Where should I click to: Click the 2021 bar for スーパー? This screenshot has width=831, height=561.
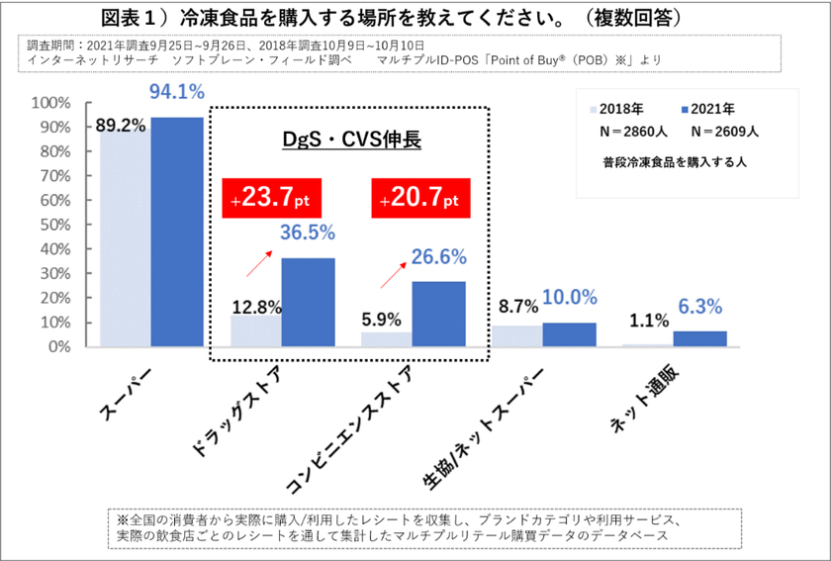(x=177, y=232)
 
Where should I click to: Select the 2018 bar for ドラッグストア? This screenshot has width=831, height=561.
(x=255, y=330)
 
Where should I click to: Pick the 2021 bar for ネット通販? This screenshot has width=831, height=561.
(x=699, y=338)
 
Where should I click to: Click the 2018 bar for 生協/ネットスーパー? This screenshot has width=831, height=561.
(x=517, y=335)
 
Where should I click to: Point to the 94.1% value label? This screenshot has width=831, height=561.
(x=177, y=93)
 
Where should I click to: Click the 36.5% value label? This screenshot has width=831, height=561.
(x=308, y=234)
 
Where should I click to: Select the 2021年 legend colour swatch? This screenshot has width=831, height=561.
(x=685, y=109)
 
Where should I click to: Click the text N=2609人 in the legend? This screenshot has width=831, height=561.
(x=721, y=131)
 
